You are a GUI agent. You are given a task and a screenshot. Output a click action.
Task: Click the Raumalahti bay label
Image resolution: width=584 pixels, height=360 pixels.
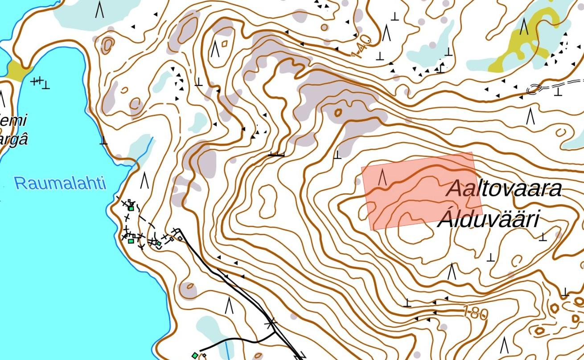pyautogui.click(x=60, y=183)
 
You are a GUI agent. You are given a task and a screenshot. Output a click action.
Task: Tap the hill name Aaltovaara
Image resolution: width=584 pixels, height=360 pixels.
pyautogui.click(x=504, y=188)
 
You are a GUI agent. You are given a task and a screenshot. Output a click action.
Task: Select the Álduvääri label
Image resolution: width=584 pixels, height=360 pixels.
pyautogui.click(x=489, y=220)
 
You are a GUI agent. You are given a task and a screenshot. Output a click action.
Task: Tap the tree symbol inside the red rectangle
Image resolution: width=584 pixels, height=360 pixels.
pyautogui.click(x=382, y=177)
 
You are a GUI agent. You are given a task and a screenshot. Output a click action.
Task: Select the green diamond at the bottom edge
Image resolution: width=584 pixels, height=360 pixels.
pyautogui.click(x=195, y=355)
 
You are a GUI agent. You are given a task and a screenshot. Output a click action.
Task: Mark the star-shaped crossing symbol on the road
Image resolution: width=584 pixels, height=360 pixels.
pyautogui.click(x=270, y=323)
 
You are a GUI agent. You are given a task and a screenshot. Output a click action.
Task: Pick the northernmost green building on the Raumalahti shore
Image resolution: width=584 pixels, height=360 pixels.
pyautogui.click(x=131, y=208)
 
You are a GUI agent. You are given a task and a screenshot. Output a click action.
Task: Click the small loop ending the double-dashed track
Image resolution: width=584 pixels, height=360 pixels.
pyautogui.click(x=533, y=90)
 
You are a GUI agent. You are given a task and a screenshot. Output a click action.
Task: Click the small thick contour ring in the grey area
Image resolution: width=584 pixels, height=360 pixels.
pyautogui.click(x=338, y=113)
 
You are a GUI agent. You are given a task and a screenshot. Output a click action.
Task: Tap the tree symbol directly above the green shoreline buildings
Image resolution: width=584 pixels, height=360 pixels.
pyautogui.click(x=144, y=180)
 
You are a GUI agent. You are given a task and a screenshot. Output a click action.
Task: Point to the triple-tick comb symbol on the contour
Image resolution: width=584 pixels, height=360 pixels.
pyautogui.click(x=277, y=154)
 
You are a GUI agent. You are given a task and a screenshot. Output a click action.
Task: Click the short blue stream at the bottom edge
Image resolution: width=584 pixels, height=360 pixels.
pyautogui.click(x=227, y=348)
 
